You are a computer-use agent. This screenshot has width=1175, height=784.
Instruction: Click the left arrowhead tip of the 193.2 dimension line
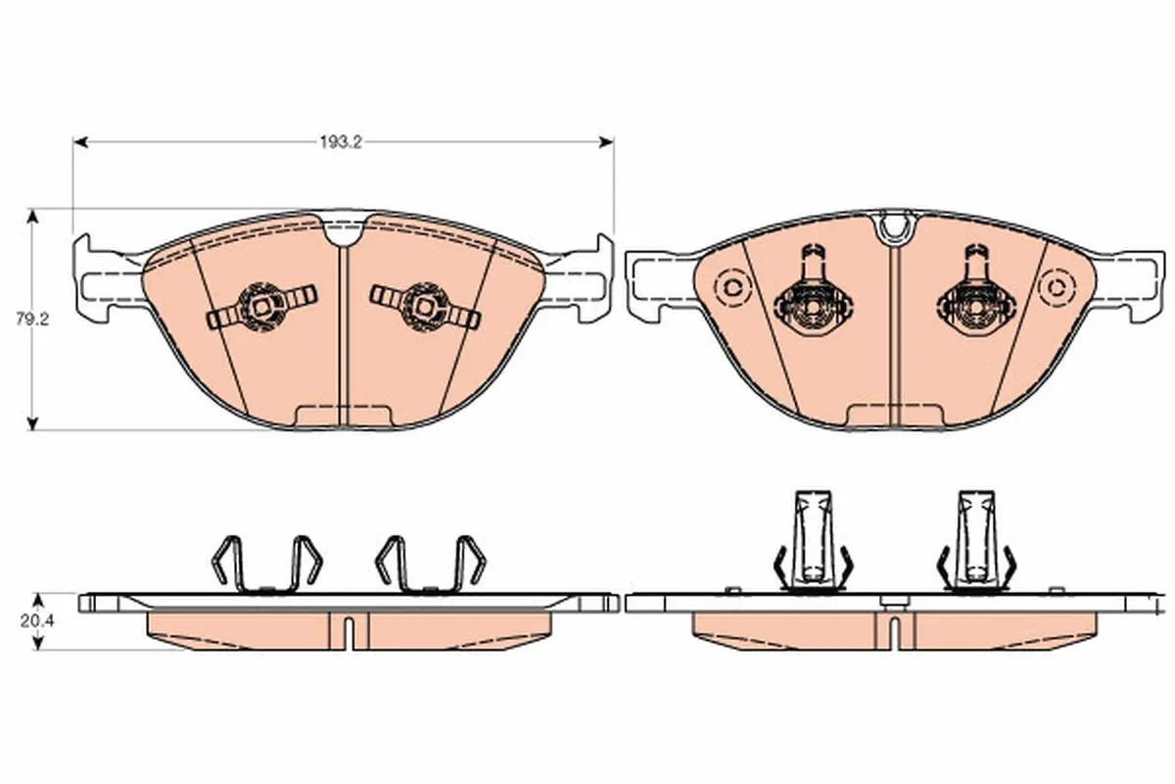(73, 142)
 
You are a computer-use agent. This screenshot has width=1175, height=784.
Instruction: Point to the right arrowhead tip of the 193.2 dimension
(613, 142)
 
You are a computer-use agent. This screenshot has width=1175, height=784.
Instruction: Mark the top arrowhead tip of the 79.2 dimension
(32, 210)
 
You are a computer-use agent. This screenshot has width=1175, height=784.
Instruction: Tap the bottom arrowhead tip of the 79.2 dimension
(32, 430)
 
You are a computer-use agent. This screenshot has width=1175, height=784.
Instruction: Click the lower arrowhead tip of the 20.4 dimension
(37, 650)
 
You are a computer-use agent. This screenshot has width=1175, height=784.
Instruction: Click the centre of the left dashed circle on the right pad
(732, 287)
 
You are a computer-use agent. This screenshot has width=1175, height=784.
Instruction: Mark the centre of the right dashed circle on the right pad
(1057, 287)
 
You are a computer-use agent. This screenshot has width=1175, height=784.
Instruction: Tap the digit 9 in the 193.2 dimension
(333, 143)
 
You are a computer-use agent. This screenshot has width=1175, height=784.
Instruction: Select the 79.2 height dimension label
(32, 318)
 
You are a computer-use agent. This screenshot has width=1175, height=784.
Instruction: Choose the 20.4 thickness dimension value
(37, 621)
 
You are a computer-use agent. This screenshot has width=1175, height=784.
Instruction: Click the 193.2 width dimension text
(341, 143)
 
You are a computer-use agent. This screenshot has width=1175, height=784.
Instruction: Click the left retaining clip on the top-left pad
(261, 307)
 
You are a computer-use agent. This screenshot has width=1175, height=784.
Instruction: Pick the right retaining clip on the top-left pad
(425, 307)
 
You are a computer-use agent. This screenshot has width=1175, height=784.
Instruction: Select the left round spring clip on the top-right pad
(812, 294)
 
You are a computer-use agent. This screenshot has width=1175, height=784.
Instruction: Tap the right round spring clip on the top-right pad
(975, 294)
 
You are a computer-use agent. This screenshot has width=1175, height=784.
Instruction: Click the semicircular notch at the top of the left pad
(344, 233)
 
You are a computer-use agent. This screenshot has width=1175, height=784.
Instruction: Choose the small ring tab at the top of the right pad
(896, 226)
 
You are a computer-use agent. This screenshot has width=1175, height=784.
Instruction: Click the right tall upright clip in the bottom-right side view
(976, 540)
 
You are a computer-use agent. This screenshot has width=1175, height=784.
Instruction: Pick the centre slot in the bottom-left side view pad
(349, 632)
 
